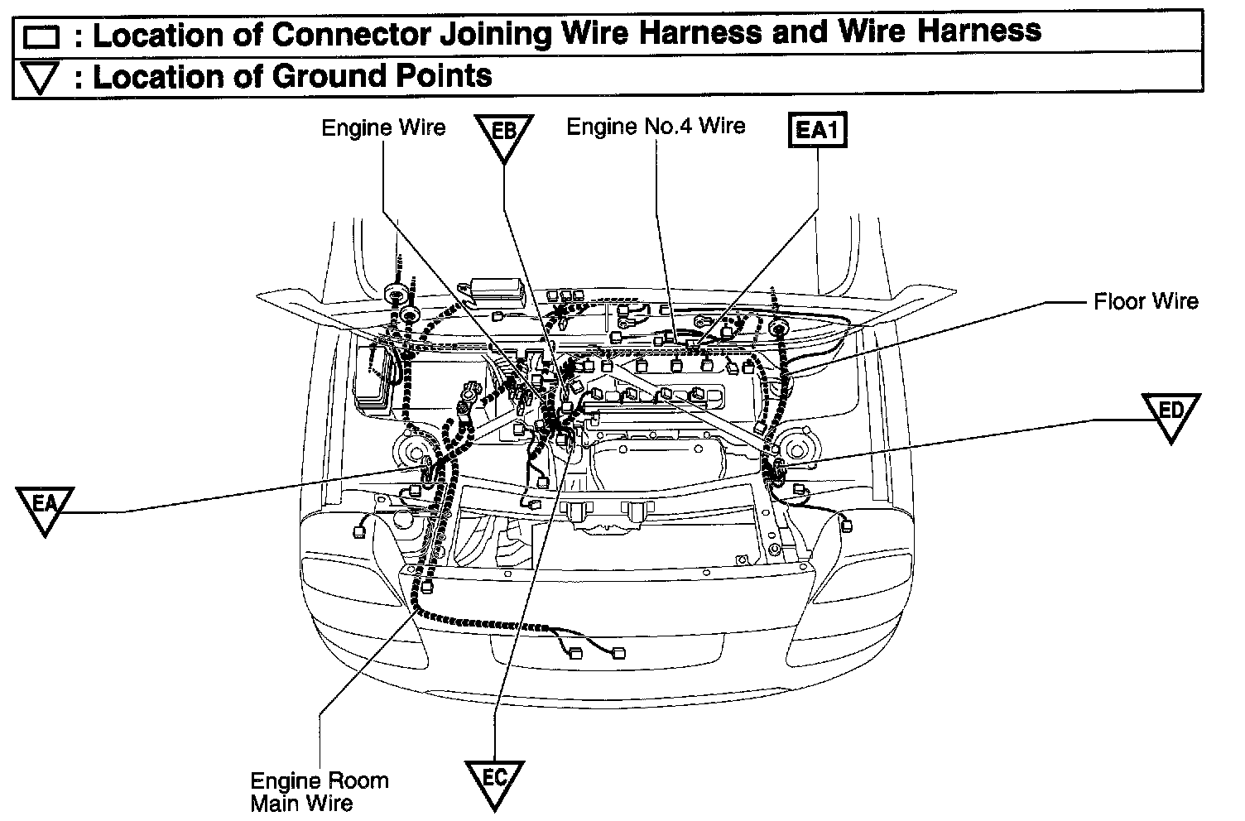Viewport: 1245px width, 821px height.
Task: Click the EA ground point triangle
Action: click(44, 507)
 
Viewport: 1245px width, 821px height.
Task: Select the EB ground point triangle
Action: click(504, 135)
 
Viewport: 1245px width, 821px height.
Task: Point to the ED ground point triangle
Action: click(1170, 415)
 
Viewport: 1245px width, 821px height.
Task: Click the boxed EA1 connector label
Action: click(818, 130)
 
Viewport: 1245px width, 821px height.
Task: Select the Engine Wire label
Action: click(383, 127)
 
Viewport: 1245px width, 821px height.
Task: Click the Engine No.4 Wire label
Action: click(656, 126)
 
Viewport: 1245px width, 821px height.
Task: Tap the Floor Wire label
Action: click(1146, 301)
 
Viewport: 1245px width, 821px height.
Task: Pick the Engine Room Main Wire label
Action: click(319, 791)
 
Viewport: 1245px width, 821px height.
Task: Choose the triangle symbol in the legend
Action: click(40, 78)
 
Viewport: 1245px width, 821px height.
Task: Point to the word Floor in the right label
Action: click(1118, 301)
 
